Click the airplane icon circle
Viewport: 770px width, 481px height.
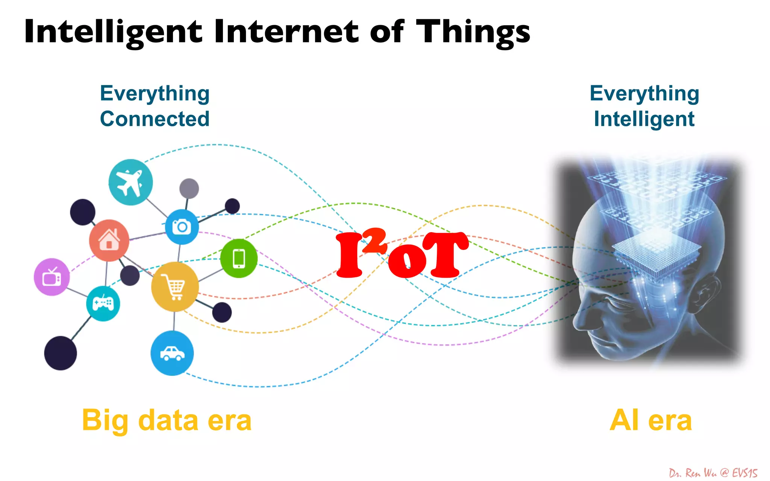[130, 182]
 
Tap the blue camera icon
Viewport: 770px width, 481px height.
[182, 227]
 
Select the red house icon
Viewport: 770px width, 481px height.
[109, 240]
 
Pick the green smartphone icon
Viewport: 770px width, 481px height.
[239, 259]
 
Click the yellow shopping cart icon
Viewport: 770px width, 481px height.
[174, 287]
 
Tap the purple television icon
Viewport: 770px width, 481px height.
[52, 277]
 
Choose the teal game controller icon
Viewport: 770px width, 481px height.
[103, 303]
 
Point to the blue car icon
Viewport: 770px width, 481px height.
[172, 353]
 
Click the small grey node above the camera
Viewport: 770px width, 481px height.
[189, 188]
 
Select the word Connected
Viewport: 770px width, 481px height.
[155, 119]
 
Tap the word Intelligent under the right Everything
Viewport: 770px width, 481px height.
[644, 119]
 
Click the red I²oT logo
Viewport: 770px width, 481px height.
[402, 254]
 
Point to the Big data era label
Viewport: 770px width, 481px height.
[167, 420]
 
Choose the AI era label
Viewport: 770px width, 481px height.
[650, 420]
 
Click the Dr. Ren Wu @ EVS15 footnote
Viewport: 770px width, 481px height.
[713, 473]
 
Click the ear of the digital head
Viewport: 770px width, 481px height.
[707, 297]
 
